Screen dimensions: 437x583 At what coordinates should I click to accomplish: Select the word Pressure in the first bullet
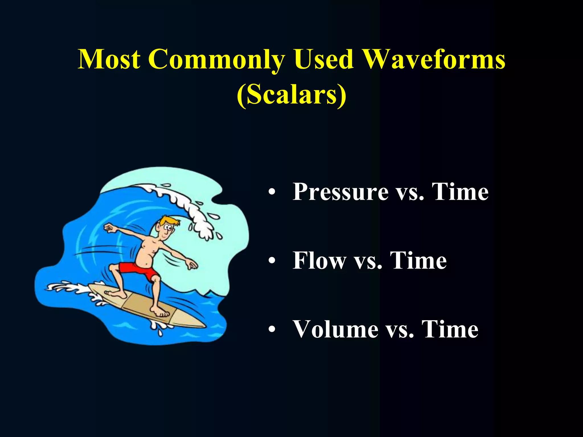(x=340, y=192)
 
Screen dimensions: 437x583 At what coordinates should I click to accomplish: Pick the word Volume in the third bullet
(x=336, y=329)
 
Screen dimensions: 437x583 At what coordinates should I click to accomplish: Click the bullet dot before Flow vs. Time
(x=272, y=261)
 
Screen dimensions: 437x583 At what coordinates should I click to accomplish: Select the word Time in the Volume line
(x=450, y=329)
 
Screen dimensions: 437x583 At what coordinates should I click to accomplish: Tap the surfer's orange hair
(x=168, y=221)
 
